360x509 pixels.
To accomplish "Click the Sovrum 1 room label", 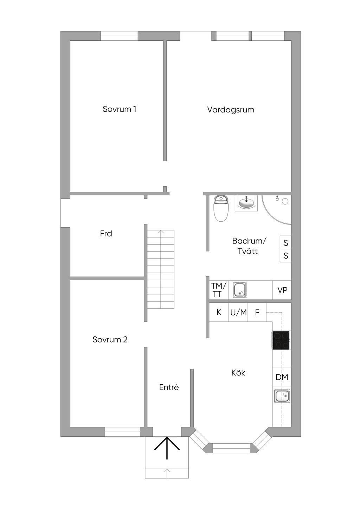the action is pos(120,109).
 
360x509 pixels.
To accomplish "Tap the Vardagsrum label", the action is pos(231,110).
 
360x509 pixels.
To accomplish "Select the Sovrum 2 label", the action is pos(110,339).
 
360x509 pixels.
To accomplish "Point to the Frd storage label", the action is pos(106,234).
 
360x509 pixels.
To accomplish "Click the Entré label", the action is pos(169,387).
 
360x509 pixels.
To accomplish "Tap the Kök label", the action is pos(238,373).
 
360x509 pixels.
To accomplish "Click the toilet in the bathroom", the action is pos(221,208).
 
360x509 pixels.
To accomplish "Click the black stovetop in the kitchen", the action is pos(281,340).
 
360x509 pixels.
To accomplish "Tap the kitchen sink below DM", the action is pos(282,396).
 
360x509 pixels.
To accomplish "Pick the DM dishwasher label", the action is pos(282,377).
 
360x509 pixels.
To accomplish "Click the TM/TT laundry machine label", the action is pos(219,290).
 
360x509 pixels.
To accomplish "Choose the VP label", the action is pos(282,290).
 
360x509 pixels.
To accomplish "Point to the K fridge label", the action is pos(219,312).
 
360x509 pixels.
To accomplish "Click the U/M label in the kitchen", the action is pos(238,313).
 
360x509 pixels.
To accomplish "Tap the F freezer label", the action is pos(257,313).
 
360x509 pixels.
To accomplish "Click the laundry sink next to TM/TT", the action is pos(240,290).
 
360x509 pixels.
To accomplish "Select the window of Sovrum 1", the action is pos(119,36).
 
